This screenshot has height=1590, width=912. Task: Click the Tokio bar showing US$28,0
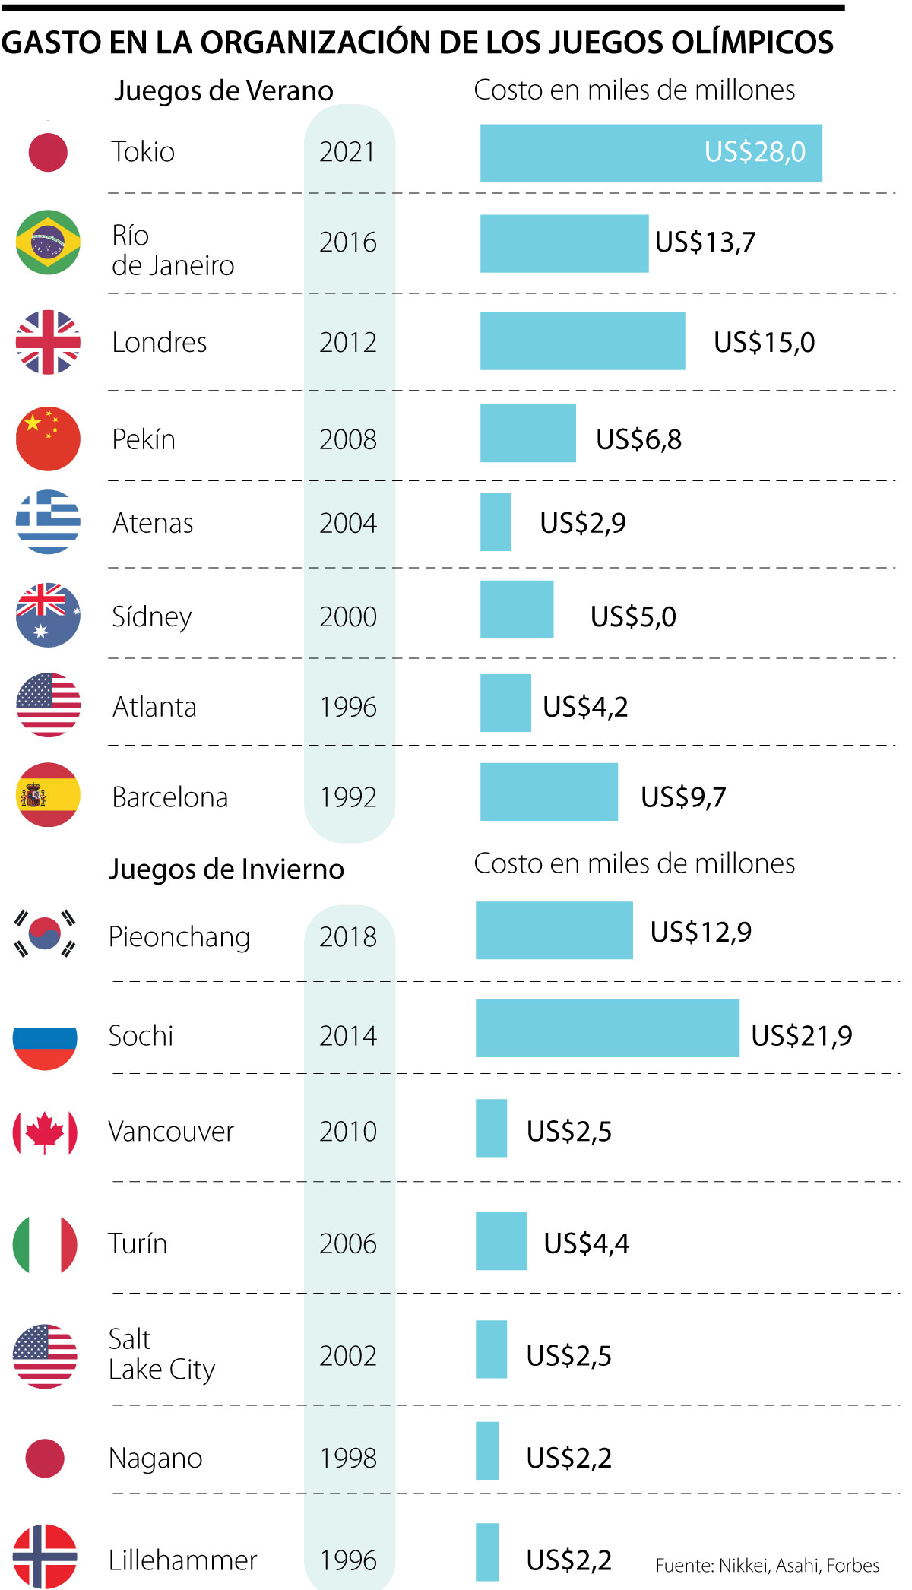651,153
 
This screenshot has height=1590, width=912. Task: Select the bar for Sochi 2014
606,1028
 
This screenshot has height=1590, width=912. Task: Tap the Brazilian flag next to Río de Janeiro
48,242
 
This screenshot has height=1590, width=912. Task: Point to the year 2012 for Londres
348,343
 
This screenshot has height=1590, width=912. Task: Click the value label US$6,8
638,439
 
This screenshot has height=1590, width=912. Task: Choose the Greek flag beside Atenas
48,522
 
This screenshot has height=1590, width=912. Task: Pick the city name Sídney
152,616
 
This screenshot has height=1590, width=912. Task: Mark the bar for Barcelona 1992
549,792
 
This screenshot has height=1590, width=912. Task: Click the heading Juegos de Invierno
226,869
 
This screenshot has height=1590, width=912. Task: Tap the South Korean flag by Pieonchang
45,933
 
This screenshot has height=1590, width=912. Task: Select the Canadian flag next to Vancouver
45,1132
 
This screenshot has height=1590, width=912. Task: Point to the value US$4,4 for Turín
586,1243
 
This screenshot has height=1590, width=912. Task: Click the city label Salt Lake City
162,1354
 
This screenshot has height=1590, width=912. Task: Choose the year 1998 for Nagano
348,1458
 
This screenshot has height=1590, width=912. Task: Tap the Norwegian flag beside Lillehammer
45,1556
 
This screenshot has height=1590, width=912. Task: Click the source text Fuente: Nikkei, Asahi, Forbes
768,1565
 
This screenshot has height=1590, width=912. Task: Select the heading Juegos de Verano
223,91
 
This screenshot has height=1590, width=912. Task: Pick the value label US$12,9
701,932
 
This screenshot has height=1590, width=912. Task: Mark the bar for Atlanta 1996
505,703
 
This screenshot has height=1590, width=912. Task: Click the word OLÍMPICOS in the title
752,43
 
